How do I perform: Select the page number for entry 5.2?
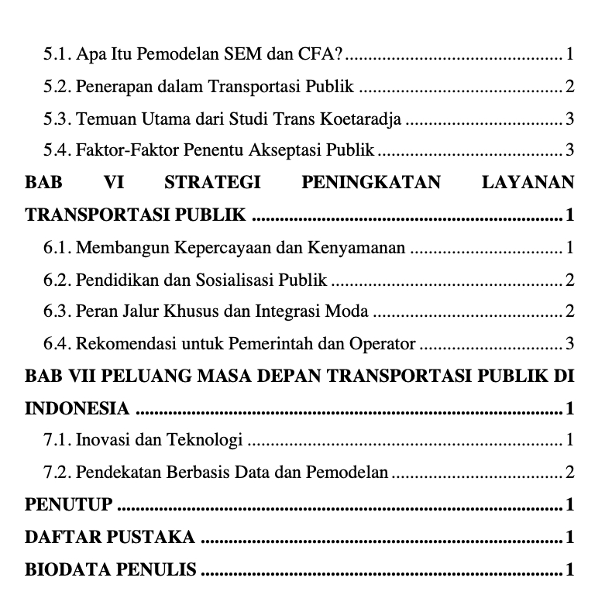pyautogui.click(x=569, y=87)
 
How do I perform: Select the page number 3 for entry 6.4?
pyautogui.click(x=569, y=343)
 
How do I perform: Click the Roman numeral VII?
pyautogui.click(x=76, y=376)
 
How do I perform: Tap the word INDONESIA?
pyautogui.click(x=77, y=408)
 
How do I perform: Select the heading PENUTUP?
pyautogui.click(x=69, y=505)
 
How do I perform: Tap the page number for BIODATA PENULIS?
pyautogui.click(x=569, y=570)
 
